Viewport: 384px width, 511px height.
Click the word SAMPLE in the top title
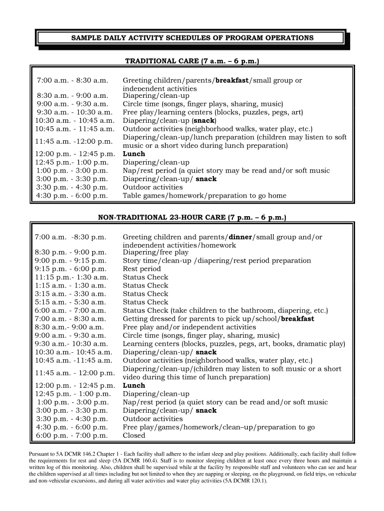click(86, 38)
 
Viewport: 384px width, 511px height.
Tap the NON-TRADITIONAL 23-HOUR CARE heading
click(192, 218)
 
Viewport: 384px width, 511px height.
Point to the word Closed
click(134, 435)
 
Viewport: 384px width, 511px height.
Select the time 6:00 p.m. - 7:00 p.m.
click(72, 435)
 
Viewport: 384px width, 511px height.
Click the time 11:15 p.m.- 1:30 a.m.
click(71, 277)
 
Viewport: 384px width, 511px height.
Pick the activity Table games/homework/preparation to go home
click(204, 196)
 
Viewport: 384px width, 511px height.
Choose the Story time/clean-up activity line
click(217, 260)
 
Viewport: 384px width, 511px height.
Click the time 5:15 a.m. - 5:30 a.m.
click(70, 302)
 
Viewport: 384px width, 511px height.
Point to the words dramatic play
click(319, 344)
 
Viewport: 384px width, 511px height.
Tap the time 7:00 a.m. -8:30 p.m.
click(70, 237)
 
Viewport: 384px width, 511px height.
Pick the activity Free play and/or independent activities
click(190, 327)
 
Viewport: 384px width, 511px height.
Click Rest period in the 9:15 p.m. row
click(142, 268)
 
